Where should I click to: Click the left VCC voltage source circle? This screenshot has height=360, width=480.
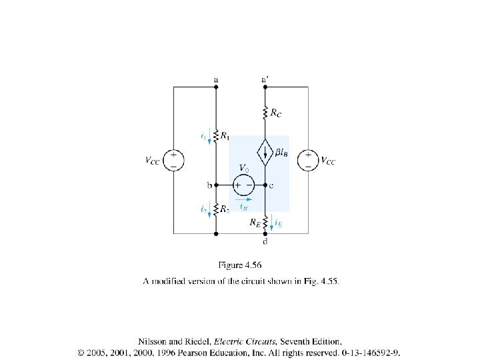pyautogui.click(x=173, y=160)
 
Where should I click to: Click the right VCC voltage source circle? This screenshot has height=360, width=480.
pyautogui.click(x=308, y=160)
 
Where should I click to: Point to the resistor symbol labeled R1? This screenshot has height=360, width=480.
pyautogui.click(x=216, y=137)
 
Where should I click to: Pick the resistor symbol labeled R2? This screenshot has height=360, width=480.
pyautogui.click(x=216, y=209)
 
